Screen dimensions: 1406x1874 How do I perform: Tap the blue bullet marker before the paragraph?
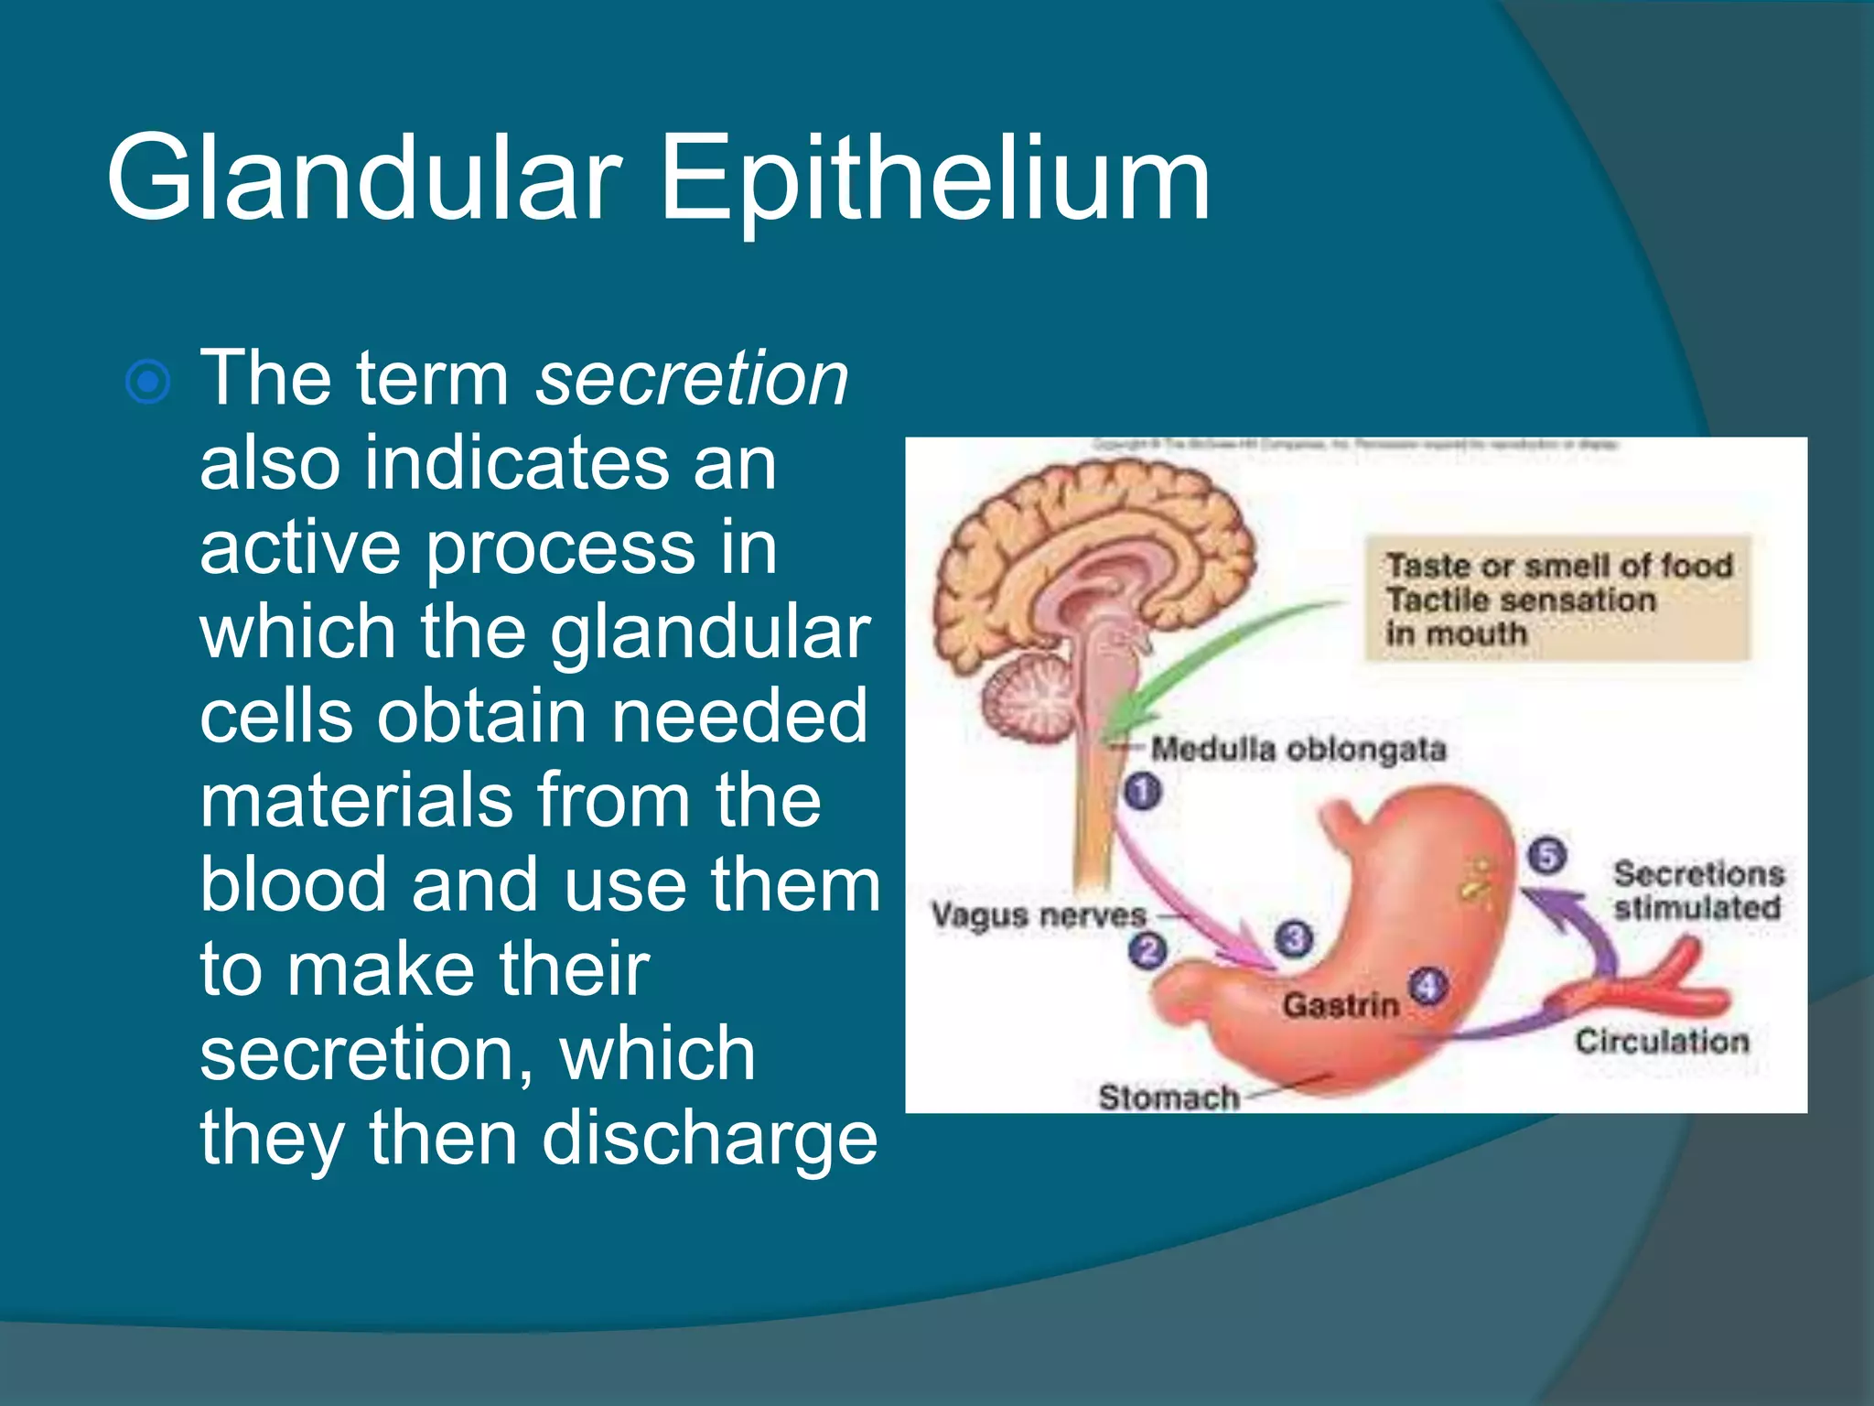click(x=147, y=382)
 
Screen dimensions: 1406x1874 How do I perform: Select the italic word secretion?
click(x=692, y=378)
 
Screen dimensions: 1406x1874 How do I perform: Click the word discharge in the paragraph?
click(x=709, y=1139)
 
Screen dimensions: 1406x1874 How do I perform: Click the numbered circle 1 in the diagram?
click(x=1142, y=791)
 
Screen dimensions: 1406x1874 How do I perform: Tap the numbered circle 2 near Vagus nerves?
click(x=1147, y=950)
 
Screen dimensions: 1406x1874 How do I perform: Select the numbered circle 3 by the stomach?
click(x=1294, y=938)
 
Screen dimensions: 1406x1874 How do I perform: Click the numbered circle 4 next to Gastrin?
click(x=1427, y=987)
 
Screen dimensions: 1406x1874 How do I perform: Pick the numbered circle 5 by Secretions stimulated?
click(x=1547, y=857)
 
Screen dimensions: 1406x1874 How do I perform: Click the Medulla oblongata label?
click(x=1298, y=750)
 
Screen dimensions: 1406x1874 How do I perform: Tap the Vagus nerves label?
click(x=1038, y=914)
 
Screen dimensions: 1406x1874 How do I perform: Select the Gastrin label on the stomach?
click(x=1341, y=1005)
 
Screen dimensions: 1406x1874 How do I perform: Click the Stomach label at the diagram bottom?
click(x=1169, y=1097)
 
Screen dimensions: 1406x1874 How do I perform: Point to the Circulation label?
click(x=1661, y=1041)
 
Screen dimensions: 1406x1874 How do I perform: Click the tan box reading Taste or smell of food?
click(x=1557, y=599)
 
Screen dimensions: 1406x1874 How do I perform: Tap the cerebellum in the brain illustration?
click(x=1029, y=700)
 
